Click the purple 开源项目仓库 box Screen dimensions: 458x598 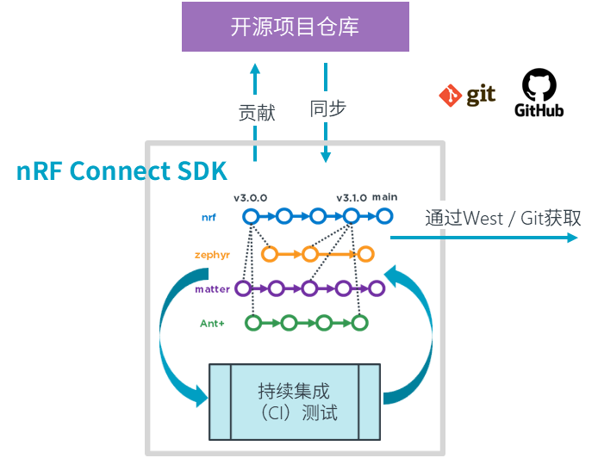click(x=295, y=27)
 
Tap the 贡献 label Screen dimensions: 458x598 click(x=255, y=111)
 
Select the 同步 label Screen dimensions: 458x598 click(x=327, y=108)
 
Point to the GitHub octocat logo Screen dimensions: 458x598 click(x=539, y=93)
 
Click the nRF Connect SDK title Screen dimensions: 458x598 click(x=121, y=170)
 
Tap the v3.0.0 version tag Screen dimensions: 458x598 click(x=250, y=197)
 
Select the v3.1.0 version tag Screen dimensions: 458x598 click(x=352, y=197)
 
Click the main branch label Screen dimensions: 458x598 click(x=384, y=197)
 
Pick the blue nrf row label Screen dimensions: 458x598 click(x=209, y=218)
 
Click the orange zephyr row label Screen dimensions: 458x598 click(x=211, y=255)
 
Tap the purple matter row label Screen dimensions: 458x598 click(x=212, y=289)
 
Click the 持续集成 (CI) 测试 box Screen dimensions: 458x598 click(x=296, y=401)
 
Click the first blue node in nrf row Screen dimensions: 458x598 click(x=250, y=217)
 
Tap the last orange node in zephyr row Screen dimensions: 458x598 click(x=366, y=254)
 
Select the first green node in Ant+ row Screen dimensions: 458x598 click(x=252, y=323)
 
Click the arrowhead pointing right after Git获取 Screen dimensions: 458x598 click(x=572, y=237)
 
